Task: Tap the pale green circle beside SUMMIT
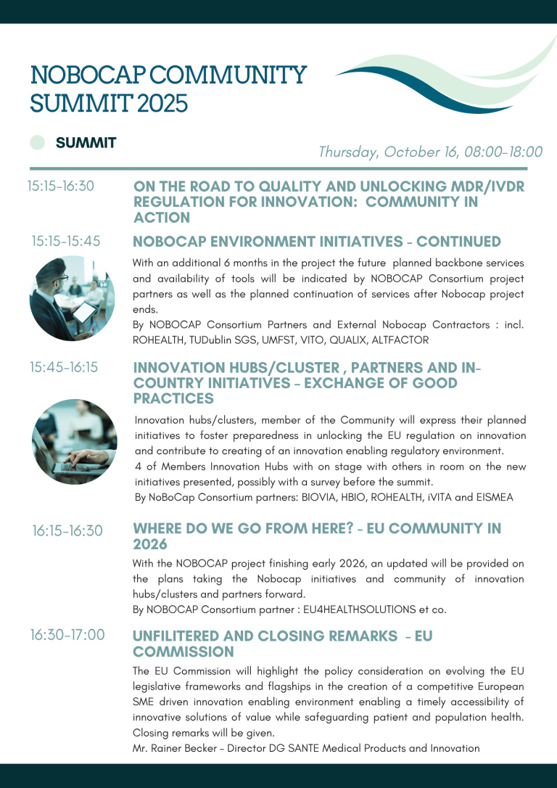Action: click(38, 143)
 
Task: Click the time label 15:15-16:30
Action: click(61, 186)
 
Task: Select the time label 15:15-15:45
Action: click(66, 241)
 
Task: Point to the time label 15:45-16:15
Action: click(64, 367)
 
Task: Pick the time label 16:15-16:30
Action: click(67, 531)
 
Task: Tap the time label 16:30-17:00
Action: click(67, 635)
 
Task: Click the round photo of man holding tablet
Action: click(73, 297)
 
